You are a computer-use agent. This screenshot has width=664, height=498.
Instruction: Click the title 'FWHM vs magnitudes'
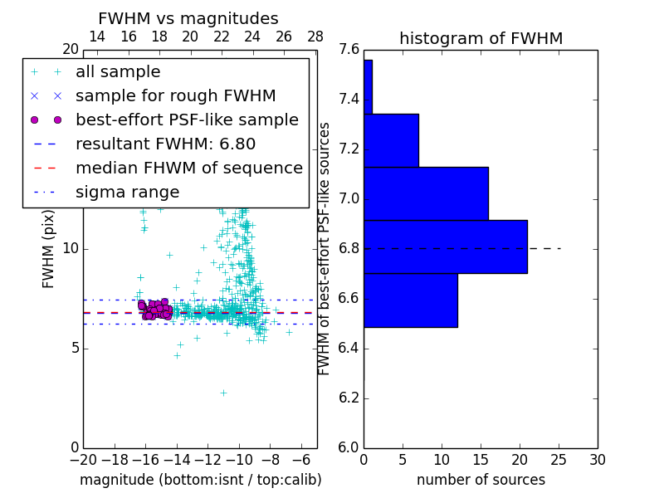pyautogui.click(x=188, y=18)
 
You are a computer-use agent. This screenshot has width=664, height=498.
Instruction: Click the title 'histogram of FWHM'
pyautogui.click(x=481, y=38)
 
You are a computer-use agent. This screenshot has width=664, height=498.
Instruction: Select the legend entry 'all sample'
pyautogui.click(x=118, y=72)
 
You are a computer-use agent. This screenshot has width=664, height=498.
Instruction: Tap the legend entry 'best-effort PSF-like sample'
pyautogui.click(x=187, y=120)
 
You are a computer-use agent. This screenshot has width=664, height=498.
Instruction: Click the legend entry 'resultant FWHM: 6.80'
pyautogui.click(x=165, y=144)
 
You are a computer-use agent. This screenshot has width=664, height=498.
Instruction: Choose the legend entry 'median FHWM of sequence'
pyautogui.click(x=188, y=168)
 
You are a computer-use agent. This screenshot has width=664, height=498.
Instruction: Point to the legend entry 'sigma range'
pyautogui.click(x=127, y=192)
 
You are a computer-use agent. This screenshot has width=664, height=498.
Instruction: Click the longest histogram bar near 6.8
pyautogui.click(x=445, y=247)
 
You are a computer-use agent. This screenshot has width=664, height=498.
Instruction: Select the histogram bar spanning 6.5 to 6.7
pyautogui.click(x=410, y=300)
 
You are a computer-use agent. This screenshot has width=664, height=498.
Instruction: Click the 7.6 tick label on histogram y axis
pyautogui.click(x=349, y=50)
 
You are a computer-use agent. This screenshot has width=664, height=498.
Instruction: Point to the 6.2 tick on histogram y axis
pyautogui.click(x=349, y=398)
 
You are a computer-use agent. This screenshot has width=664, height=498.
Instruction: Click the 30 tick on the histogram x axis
pyautogui.click(x=597, y=459)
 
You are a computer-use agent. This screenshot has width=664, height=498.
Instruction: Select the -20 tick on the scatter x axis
pyautogui.click(x=83, y=459)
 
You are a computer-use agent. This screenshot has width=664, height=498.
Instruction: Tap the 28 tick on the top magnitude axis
pyautogui.click(x=315, y=37)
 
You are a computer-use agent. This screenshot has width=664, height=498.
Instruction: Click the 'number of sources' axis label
pyautogui.click(x=481, y=480)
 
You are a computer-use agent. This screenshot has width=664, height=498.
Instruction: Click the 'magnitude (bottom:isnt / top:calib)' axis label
pyautogui.click(x=200, y=480)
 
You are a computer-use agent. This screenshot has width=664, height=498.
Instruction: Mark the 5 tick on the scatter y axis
pyautogui.click(x=73, y=348)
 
